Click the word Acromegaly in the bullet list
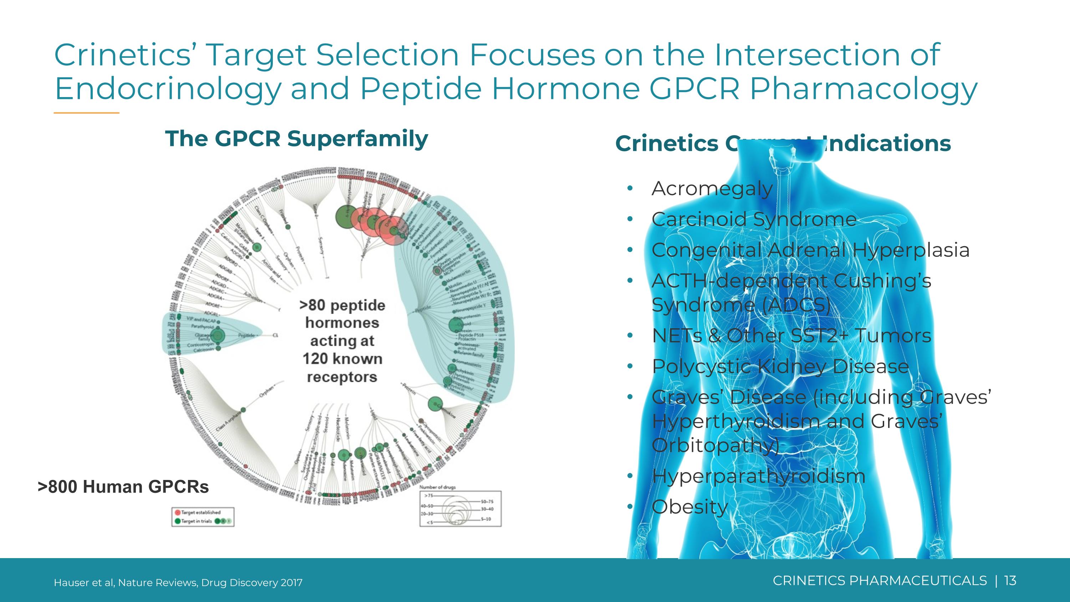point(712,189)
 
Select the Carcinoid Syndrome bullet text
point(754,219)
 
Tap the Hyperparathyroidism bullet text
point(758,476)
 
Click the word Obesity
point(689,507)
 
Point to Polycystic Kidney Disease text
point(780,366)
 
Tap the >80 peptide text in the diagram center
point(342,305)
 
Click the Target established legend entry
point(200,512)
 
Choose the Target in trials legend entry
point(196,521)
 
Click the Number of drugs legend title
point(437,487)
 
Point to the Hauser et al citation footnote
point(178,582)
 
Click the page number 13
point(1010,580)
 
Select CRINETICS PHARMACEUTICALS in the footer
point(879,580)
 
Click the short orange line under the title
point(86,113)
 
